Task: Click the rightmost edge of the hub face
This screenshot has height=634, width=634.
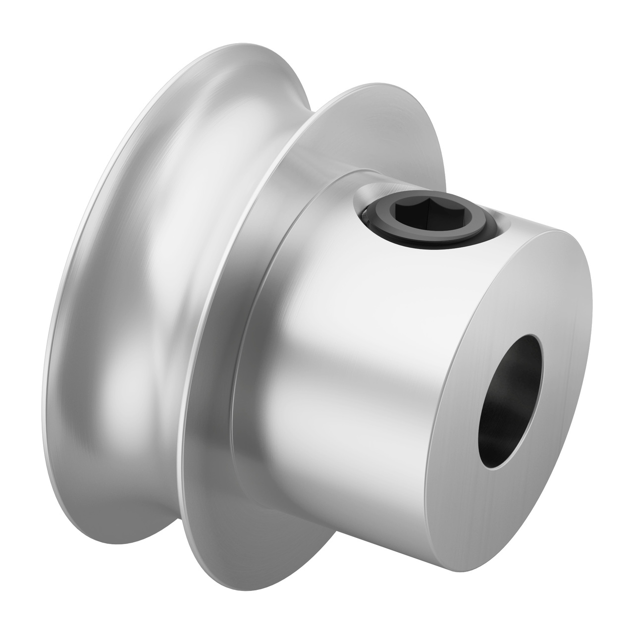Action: pos(592,297)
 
